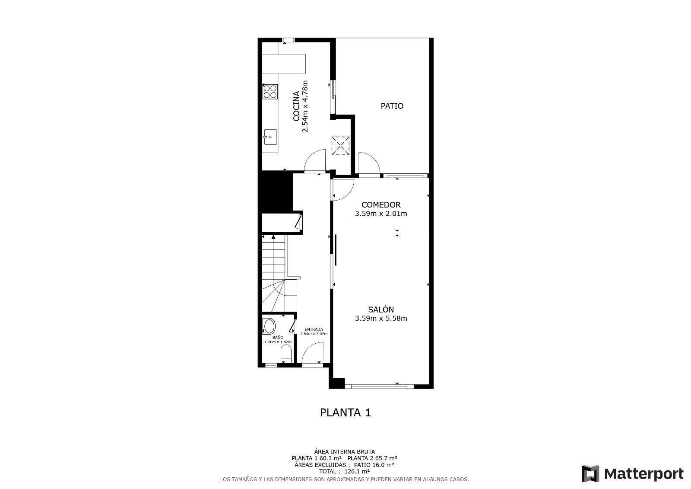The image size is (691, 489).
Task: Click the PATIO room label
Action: pos(392,106)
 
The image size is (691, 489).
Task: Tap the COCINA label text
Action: pos(296,106)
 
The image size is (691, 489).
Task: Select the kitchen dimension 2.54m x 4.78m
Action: pos(305,106)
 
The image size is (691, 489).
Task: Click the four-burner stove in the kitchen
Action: pos(270,92)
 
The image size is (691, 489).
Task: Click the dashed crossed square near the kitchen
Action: pos(340,145)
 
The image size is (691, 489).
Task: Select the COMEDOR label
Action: pos(380,205)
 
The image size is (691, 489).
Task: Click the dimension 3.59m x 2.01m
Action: pos(380,214)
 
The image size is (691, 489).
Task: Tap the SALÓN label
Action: pos(380,310)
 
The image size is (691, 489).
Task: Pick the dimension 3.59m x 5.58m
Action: pos(380,319)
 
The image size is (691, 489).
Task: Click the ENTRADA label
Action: pos(314,329)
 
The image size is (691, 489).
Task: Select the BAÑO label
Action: pos(278,337)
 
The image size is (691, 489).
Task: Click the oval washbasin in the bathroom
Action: pos(269,326)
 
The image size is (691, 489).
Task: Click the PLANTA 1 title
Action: pos(345,412)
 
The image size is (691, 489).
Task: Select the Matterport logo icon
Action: pos(590,473)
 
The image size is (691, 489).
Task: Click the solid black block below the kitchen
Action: pos(275,190)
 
